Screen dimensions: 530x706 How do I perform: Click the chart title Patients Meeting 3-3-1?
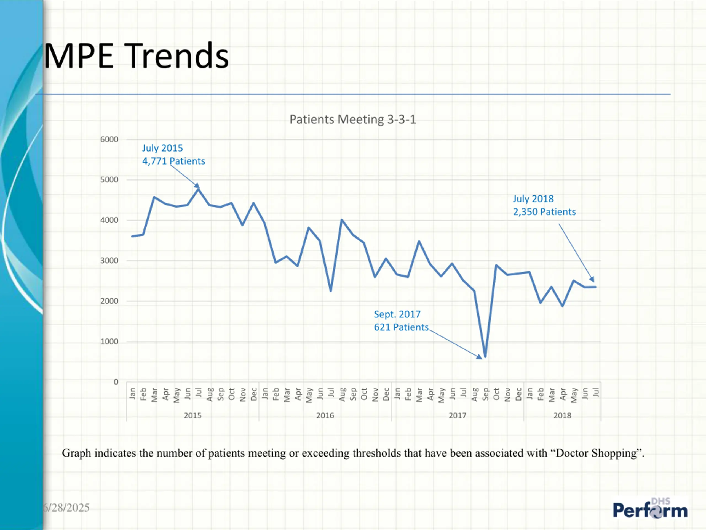(x=352, y=120)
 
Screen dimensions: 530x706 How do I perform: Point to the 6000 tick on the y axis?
(x=109, y=140)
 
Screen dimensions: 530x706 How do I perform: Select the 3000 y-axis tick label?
(x=109, y=261)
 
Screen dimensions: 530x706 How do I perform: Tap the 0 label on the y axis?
(x=116, y=382)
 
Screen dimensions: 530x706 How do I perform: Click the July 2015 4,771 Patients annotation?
(x=173, y=155)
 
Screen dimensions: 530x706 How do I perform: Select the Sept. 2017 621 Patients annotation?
(x=401, y=321)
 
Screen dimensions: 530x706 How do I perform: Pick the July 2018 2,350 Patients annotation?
(x=544, y=205)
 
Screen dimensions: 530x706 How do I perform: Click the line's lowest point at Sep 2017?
(x=485, y=357)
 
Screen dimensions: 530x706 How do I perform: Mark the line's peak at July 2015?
(x=198, y=189)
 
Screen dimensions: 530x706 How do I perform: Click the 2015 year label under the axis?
(x=192, y=416)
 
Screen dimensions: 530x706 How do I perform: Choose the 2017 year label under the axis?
(x=457, y=416)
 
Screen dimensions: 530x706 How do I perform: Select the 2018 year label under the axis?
(x=562, y=416)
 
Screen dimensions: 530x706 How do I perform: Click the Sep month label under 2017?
(x=485, y=394)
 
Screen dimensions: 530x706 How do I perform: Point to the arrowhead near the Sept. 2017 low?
(x=479, y=357)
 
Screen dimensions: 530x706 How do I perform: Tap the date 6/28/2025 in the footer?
(x=67, y=508)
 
